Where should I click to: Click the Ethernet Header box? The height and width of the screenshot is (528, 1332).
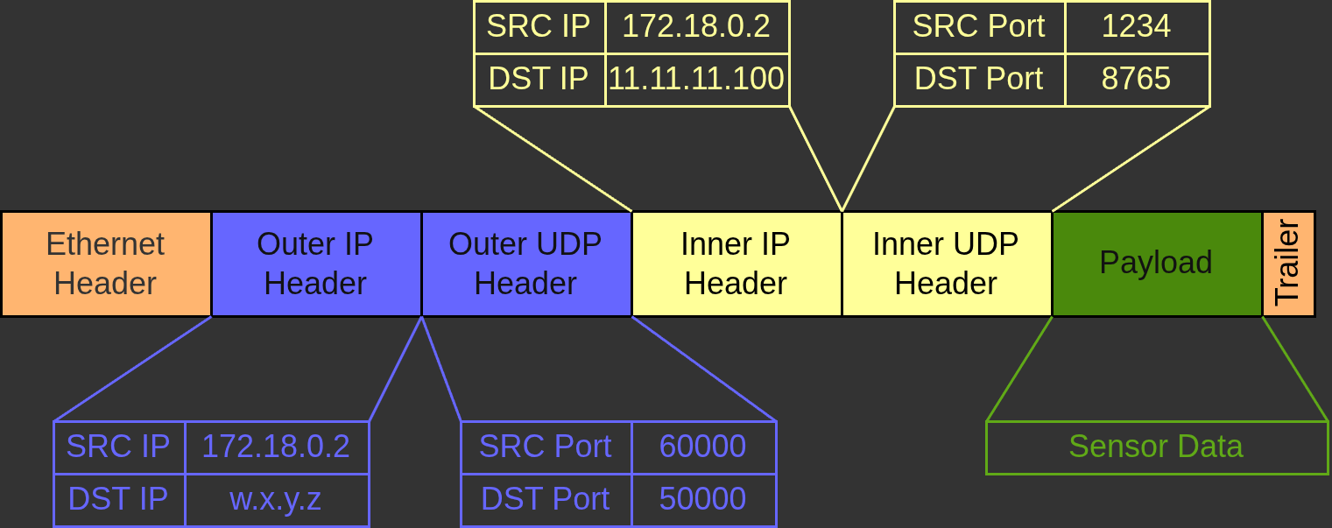pos(105,264)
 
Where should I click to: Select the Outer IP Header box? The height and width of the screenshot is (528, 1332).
pos(315,264)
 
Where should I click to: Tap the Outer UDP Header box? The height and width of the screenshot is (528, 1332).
pos(525,264)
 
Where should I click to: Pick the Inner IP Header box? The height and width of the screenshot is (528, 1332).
pos(736,264)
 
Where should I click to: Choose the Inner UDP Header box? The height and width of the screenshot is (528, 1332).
pos(946,264)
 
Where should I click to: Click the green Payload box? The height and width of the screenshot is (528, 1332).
pos(1156,264)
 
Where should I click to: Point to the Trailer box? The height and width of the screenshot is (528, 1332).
pos(1288,264)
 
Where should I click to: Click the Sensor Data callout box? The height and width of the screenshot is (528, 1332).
pos(1156,447)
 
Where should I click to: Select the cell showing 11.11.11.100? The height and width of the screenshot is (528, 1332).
pos(697,80)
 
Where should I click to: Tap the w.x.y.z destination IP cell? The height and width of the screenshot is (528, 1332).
pos(276,500)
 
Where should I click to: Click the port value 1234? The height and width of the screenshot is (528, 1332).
pos(1136,26)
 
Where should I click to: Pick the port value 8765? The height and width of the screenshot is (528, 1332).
pos(1136,80)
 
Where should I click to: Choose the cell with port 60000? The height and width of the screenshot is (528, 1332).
pos(703,447)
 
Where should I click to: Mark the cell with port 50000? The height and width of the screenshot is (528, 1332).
pos(703,500)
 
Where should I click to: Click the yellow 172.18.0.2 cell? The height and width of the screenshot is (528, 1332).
pos(697,26)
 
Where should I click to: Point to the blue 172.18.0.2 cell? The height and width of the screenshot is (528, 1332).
pos(276,447)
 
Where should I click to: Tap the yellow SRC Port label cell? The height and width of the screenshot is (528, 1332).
pos(979,26)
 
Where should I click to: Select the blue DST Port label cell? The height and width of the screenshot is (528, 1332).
pos(546,500)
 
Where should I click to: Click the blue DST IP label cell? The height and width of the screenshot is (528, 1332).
pos(118,500)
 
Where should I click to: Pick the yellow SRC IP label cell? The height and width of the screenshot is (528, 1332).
pos(539,26)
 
